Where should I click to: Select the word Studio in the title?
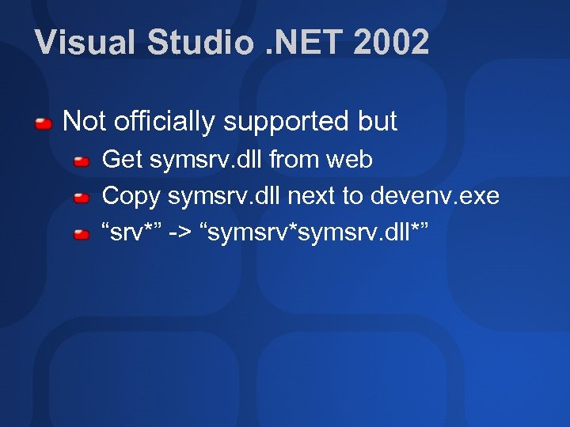coord(201,43)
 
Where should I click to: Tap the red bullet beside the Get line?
coord(82,161)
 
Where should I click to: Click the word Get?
coord(122,160)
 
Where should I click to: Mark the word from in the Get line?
coord(294,160)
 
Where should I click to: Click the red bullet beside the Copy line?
coord(82,198)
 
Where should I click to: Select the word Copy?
coord(131,196)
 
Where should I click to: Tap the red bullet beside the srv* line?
coord(82,234)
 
